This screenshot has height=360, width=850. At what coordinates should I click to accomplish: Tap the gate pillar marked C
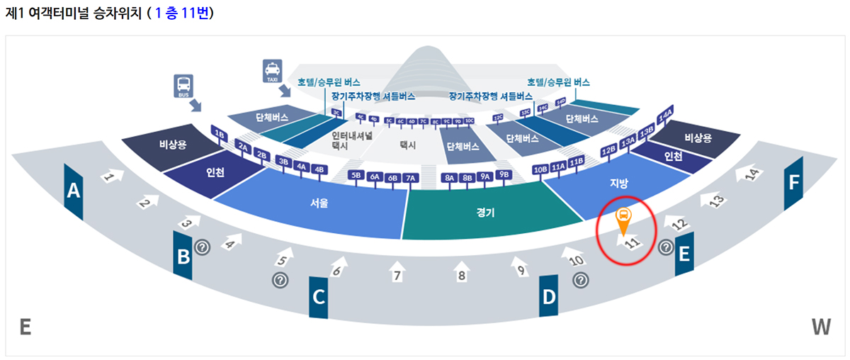319,296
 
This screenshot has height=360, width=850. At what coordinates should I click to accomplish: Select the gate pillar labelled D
549,296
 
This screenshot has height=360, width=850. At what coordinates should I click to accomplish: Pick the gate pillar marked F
793,183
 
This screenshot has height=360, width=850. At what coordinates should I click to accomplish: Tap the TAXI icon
272,72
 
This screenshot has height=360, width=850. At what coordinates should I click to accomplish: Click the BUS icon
184,86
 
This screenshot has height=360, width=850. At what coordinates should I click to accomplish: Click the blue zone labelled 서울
319,203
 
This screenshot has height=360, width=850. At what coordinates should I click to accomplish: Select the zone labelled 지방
619,184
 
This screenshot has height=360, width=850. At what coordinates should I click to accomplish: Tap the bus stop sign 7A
410,178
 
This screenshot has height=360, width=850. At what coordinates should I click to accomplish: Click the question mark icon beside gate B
203,247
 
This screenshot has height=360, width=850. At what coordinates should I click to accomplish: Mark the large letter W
820,327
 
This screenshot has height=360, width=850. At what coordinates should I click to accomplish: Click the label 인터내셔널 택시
351,140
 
